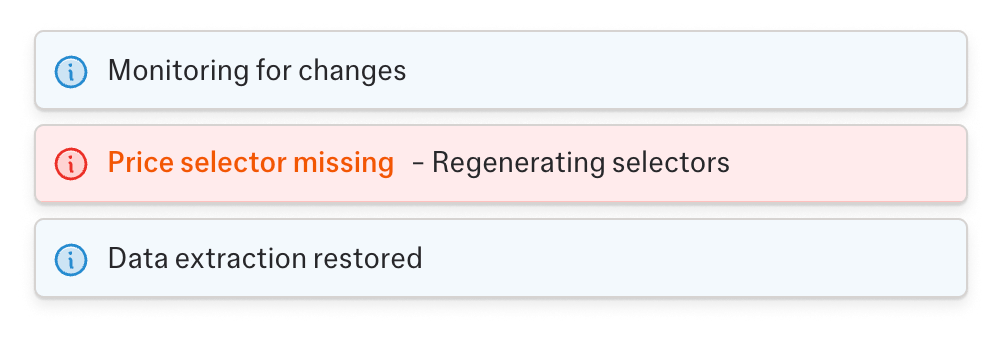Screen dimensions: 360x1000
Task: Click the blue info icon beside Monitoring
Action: pyautogui.click(x=71, y=71)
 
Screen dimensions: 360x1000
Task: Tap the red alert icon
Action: pyautogui.click(x=71, y=162)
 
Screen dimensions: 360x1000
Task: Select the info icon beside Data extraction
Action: pyautogui.click(x=71, y=259)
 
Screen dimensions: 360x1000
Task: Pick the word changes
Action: pyautogui.click(x=357, y=71)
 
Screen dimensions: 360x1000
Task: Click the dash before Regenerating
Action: pyautogui.click(x=417, y=163)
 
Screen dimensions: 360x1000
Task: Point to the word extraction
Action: pyautogui.click(x=235, y=259)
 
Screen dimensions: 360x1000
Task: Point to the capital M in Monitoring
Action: pyautogui.click(x=119, y=71)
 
